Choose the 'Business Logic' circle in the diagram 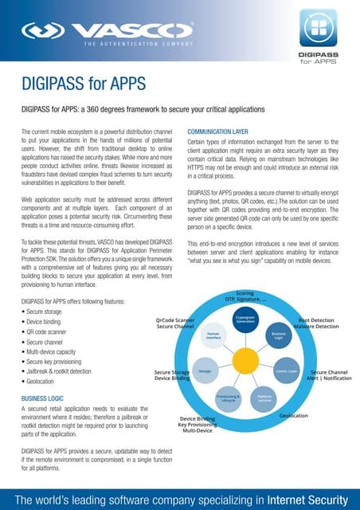278,336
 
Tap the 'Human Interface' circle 213,336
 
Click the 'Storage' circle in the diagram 205,371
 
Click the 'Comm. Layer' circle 286,371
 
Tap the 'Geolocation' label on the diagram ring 295,416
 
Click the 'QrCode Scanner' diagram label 175,320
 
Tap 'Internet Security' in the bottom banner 303,499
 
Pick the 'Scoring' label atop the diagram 245,293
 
